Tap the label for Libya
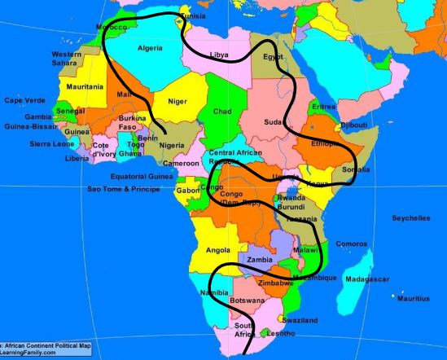coord(219,55)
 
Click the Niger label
coord(177,101)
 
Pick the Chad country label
coord(222,111)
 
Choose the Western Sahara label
coord(67,59)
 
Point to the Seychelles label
coord(410,218)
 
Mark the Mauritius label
coord(414,299)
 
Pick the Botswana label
coord(247,301)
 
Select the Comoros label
coord(352,244)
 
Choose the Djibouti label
coord(353,125)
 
